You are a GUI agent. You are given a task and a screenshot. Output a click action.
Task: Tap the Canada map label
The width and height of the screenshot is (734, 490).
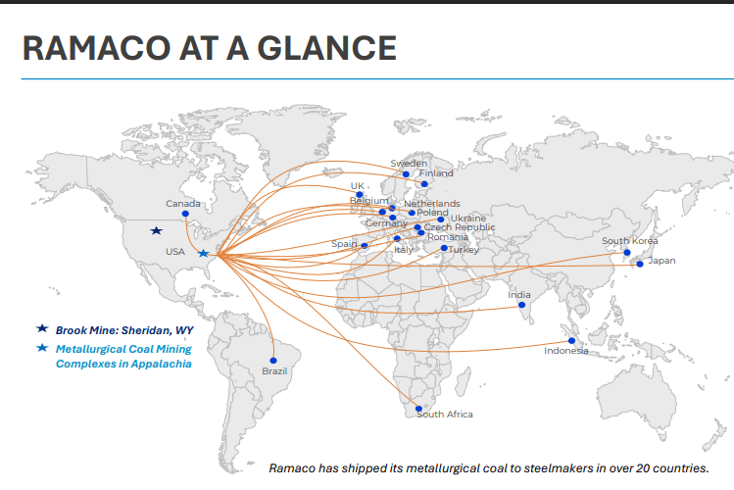pyautogui.click(x=182, y=204)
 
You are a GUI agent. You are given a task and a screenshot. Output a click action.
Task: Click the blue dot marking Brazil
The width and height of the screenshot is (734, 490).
pyautogui.click(x=273, y=361)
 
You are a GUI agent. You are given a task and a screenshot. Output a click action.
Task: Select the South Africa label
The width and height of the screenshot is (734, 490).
pyautogui.click(x=445, y=415)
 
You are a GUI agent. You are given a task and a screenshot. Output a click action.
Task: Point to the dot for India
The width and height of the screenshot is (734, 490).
pyautogui.click(x=521, y=305)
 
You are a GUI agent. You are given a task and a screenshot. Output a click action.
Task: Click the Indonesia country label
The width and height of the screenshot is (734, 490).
pyautogui.click(x=566, y=351)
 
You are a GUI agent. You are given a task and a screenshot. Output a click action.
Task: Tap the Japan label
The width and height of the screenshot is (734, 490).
pyautogui.click(x=661, y=261)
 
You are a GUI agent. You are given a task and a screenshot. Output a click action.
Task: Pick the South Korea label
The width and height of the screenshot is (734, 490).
pyautogui.click(x=629, y=241)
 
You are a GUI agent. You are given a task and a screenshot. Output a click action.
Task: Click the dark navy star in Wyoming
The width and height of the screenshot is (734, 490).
pyautogui.click(x=156, y=231)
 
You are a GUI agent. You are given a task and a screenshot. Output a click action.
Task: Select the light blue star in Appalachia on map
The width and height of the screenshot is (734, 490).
pyautogui.click(x=203, y=254)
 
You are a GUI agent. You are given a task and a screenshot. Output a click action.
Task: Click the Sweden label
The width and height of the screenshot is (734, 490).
pyautogui.click(x=409, y=164)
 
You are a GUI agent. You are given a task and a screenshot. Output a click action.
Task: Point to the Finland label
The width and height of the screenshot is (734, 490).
pyautogui.click(x=436, y=173)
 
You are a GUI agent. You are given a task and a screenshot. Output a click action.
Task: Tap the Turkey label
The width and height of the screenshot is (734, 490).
pyautogui.click(x=462, y=250)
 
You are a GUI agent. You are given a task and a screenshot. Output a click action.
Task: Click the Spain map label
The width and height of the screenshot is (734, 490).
pyautogui.click(x=345, y=244)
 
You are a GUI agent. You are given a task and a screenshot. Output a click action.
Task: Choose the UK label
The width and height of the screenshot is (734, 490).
pyautogui.click(x=357, y=186)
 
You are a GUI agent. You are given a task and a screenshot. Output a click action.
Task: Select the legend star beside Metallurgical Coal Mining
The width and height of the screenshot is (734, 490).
pyautogui.click(x=42, y=348)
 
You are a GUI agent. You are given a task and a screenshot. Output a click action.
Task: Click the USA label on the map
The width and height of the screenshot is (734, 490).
pyautogui.click(x=175, y=252)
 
